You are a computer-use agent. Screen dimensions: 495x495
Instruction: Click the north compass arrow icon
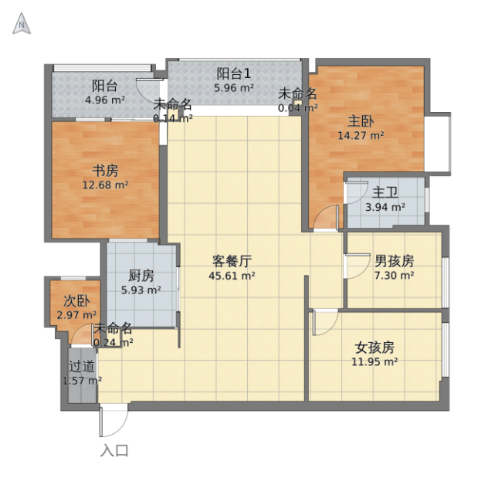22,24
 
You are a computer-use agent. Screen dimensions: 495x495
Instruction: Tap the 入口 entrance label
114,450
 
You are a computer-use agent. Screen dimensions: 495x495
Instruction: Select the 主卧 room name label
361,121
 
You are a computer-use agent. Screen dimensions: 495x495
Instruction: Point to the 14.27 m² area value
361,136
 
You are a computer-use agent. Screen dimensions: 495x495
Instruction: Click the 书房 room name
105,171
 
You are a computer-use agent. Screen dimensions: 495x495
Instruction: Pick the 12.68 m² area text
105,185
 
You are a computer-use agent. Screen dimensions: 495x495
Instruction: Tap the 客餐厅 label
232,261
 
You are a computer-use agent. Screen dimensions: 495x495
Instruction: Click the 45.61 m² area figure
232,276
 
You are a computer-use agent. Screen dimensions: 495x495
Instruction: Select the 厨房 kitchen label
141,276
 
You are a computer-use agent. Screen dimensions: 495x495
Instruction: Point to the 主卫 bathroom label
385,192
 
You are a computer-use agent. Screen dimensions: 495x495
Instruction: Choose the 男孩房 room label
395,261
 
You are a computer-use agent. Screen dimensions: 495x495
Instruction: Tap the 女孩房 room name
375,348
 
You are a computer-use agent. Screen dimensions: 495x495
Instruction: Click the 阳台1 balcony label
234,73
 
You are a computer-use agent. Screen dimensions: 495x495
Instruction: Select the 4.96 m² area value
105,100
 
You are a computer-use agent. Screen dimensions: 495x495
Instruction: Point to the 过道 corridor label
82,366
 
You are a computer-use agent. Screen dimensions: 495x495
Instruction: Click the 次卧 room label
76,301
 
